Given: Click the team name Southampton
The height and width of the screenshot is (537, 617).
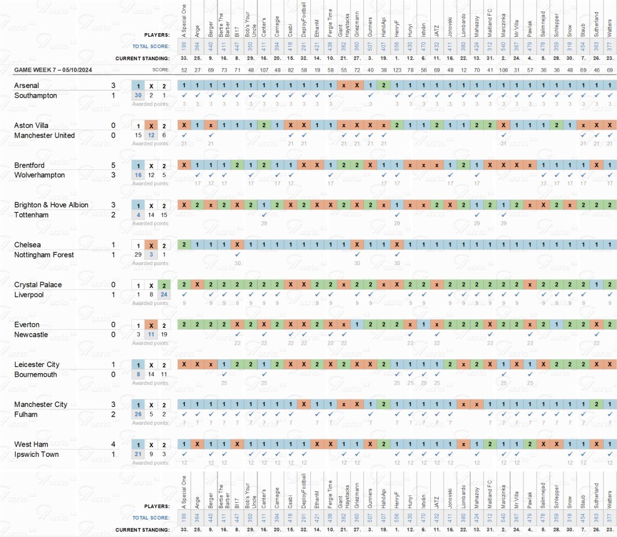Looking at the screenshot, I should tap(36, 95).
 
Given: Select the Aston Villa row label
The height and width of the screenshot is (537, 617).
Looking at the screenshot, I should tap(32, 125).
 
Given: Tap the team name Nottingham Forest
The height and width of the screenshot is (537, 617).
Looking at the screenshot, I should tap(44, 255).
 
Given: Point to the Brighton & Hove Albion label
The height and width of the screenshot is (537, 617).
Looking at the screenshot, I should tap(51, 205).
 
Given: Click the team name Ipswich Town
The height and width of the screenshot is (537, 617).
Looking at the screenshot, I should tap(36, 454).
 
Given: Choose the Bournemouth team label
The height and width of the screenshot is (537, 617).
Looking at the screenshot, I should tap(36, 374).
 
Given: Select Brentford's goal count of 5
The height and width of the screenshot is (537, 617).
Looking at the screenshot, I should tap(113, 165).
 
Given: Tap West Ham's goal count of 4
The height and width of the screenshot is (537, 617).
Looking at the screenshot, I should tap(113, 444).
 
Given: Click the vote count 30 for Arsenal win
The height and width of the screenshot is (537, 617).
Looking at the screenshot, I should tap(138, 95).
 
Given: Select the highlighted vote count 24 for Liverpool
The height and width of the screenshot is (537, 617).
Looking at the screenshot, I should tap(164, 295).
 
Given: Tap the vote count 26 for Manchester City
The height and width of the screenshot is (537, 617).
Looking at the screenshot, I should tap(138, 415).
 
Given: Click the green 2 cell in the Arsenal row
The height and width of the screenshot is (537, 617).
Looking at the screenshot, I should tap(383, 86).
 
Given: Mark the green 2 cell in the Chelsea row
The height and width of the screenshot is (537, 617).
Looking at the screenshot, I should tap(184, 245).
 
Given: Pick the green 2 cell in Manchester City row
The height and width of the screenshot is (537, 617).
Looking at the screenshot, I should tap(595, 404).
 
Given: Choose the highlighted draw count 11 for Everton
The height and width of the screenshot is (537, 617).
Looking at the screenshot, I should tap(151, 334).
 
